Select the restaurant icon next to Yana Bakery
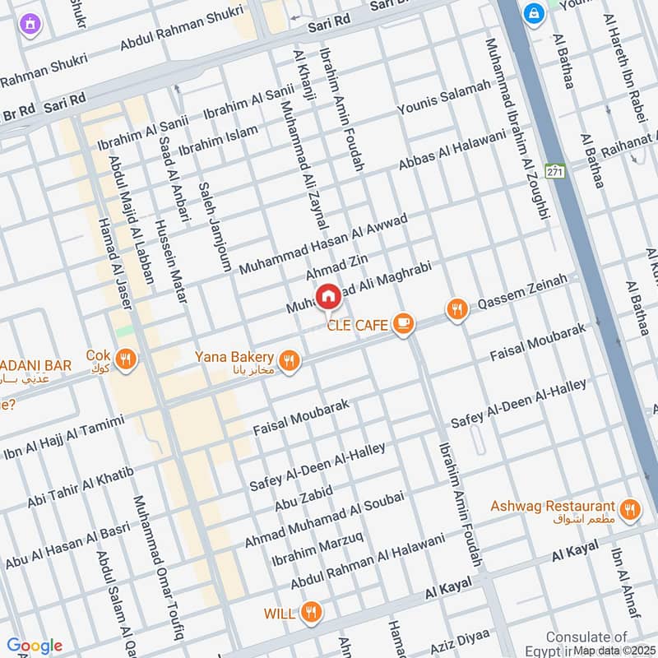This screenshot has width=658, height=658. click(289, 359)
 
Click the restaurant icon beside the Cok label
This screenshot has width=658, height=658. click(126, 359)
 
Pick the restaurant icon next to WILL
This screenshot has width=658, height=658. click(310, 612)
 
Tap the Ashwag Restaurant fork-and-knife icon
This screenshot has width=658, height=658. click(630, 508)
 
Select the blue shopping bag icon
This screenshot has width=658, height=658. click(534, 13)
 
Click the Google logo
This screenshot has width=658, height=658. click(34, 646)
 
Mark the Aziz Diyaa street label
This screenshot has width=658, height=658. click(461, 640)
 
